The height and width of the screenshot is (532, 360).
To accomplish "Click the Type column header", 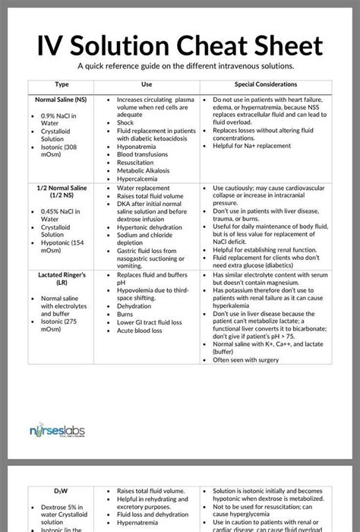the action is pyautogui.click(x=62, y=84).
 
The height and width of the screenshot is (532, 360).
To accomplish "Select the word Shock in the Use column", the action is pyautogui.click(x=125, y=122).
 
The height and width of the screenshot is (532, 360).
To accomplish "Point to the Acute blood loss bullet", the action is pyautogui.click(x=139, y=331).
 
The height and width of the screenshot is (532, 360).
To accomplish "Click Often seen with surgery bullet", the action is pyautogui.click(x=251, y=360).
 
